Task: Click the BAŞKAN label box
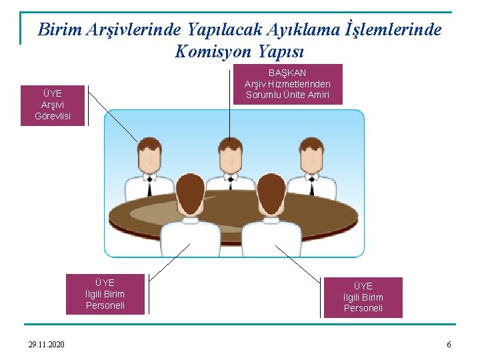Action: pyautogui.click(x=287, y=83)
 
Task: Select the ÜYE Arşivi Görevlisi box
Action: pyautogui.click(x=53, y=105)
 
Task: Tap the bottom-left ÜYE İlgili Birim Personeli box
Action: pyautogui.click(x=105, y=294)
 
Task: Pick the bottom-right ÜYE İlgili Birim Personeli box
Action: pyautogui.click(x=363, y=297)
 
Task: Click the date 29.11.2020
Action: pyautogui.click(x=47, y=344)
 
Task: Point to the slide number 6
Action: pyautogui.click(x=449, y=344)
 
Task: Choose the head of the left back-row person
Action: pyautogui.click(x=149, y=156)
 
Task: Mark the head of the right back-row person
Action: pyautogui.click(x=311, y=156)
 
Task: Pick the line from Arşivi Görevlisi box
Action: pyautogui.click(x=113, y=113)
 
